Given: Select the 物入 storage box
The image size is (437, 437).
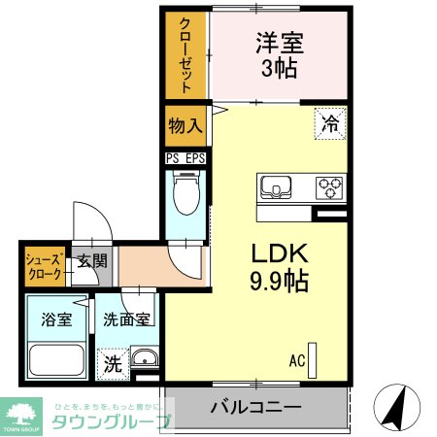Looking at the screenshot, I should click(185, 124).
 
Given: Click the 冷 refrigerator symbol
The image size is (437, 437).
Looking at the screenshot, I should click(330, 123).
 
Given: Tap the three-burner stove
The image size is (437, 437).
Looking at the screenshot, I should click(329, 185).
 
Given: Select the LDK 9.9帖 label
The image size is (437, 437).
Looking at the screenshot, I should click(280, 268).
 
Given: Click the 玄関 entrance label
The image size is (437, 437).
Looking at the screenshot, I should click(93, 259).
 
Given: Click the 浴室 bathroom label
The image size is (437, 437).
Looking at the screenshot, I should click(56, 319).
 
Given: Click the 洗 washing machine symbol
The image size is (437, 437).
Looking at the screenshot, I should click(113, 364).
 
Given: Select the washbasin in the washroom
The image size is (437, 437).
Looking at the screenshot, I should click(145, 357).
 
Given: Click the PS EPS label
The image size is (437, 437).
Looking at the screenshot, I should click(185, 157).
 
